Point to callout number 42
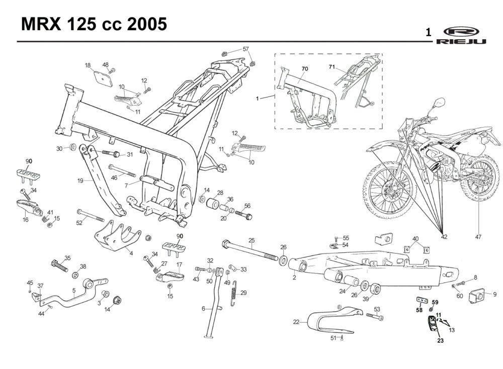point(444,236)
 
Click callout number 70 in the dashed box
point(305,68)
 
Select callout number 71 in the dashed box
point(332,67)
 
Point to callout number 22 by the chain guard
point(296,322)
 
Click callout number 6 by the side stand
point(203,308)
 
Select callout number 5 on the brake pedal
point(74,290)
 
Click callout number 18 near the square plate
point(88,65)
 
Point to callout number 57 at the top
point(245,49)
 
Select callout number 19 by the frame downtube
point(80,180)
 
